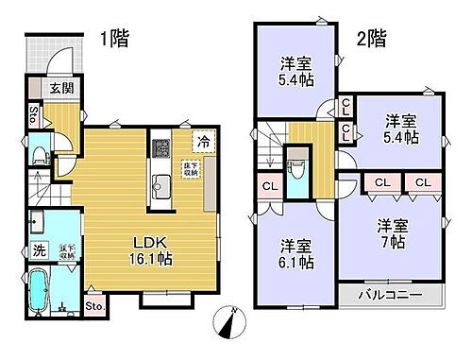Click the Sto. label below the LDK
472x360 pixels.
[94, 305]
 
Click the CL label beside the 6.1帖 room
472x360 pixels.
[268, 186]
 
